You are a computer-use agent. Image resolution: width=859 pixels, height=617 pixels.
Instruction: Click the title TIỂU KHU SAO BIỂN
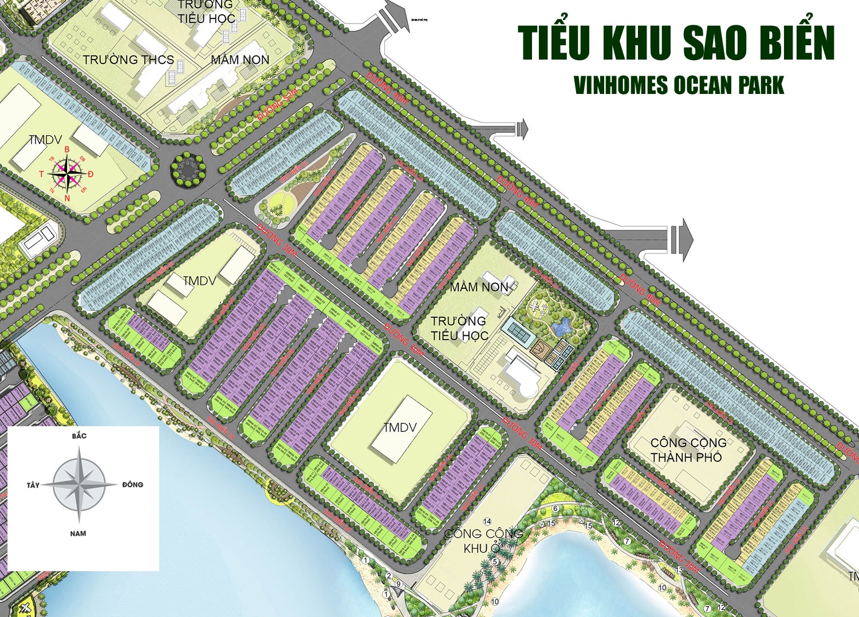(676, 43)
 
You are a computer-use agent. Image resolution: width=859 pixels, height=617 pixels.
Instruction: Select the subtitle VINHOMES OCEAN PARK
(679, 86)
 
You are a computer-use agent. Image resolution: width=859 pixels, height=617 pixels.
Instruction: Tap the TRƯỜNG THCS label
(128, 60)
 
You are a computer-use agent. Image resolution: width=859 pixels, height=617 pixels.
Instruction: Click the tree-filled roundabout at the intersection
(187, 169)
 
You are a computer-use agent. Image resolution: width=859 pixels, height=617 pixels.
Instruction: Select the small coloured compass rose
(67, 174)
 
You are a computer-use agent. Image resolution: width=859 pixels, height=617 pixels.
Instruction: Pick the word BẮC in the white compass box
(79, 436)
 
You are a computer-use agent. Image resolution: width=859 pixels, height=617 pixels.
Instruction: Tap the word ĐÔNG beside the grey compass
(132, 485)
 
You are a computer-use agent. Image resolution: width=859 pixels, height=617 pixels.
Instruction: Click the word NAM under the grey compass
(78, 533)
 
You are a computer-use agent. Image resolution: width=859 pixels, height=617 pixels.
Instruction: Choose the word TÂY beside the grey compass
(33, 485)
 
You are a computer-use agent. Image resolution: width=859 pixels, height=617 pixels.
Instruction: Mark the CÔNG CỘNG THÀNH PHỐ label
(688, 450)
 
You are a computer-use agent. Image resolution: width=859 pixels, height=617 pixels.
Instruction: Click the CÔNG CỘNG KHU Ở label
(483, 540)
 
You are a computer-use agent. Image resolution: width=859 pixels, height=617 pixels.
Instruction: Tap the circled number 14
(487, 521)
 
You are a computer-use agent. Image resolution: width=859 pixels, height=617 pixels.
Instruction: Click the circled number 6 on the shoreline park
(555, 509)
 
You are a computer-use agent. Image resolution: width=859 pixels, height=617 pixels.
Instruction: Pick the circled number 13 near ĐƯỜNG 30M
(680, 570)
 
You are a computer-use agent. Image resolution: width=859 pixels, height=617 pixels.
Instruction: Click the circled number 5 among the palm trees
(495, 561)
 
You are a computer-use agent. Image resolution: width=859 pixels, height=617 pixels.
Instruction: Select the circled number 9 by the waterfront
(399, 584)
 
